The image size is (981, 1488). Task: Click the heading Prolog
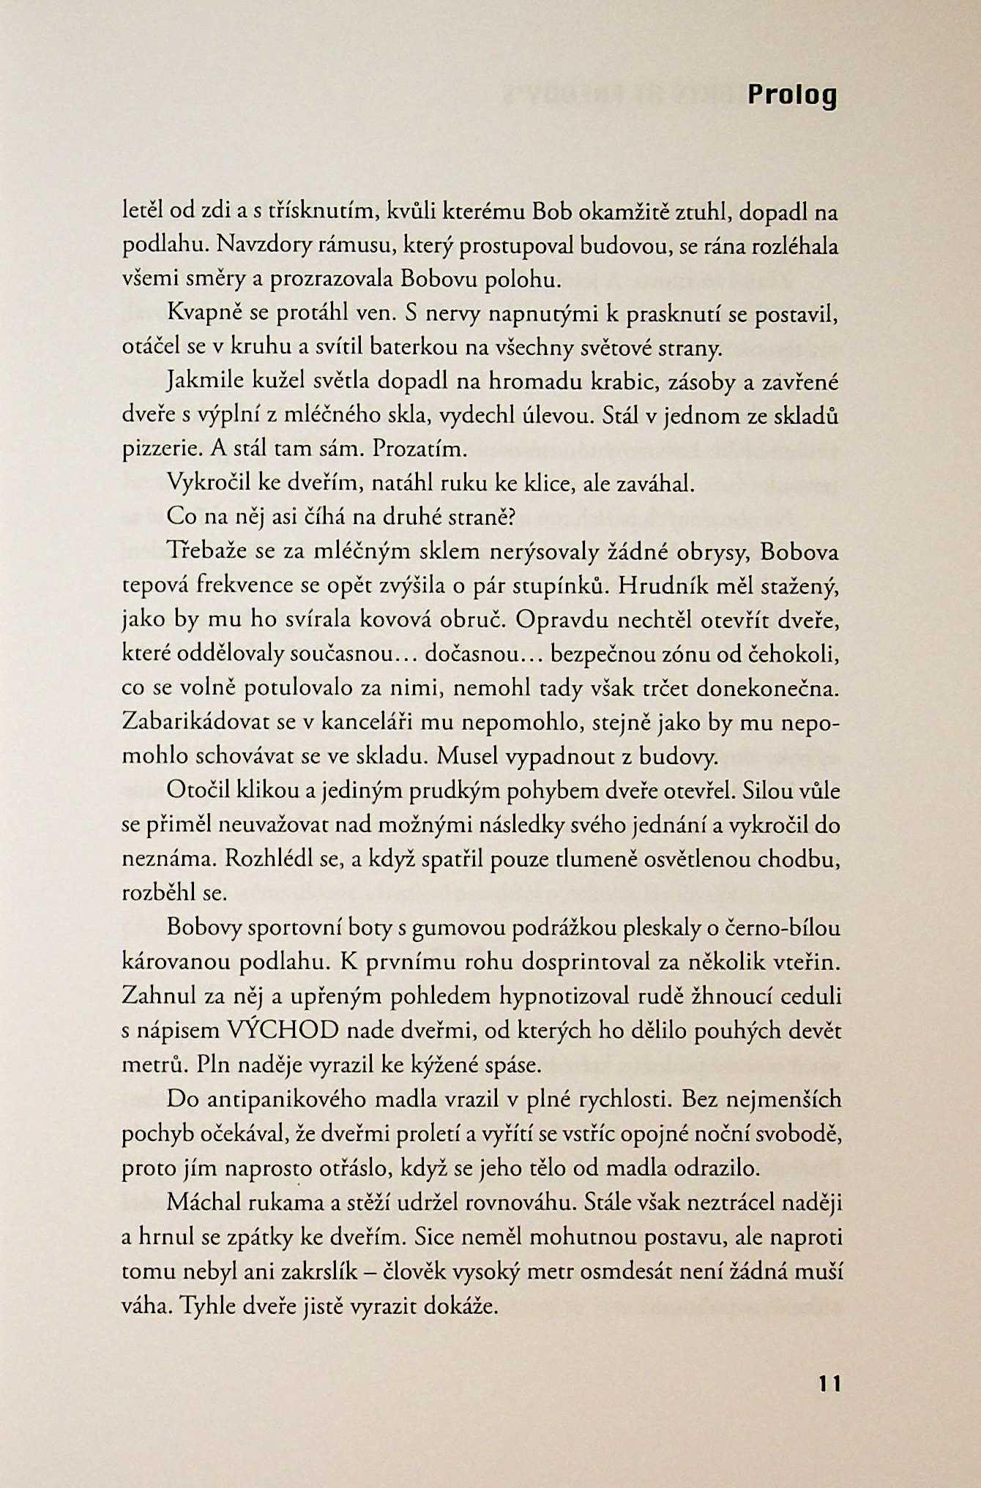point(791,95)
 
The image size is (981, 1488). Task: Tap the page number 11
point(830,1384)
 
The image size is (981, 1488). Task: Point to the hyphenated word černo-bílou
point(781,927)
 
